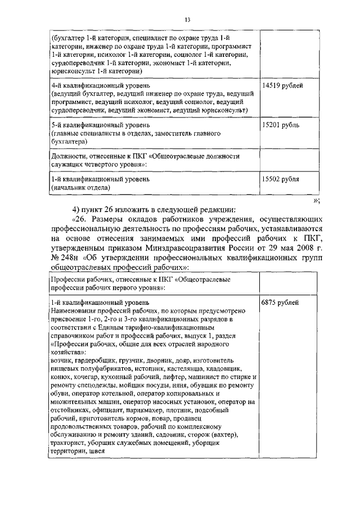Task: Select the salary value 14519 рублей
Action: (x=283, y=86)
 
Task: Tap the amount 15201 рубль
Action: (x=281, y=124)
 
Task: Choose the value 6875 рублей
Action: (x=280, y=303)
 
